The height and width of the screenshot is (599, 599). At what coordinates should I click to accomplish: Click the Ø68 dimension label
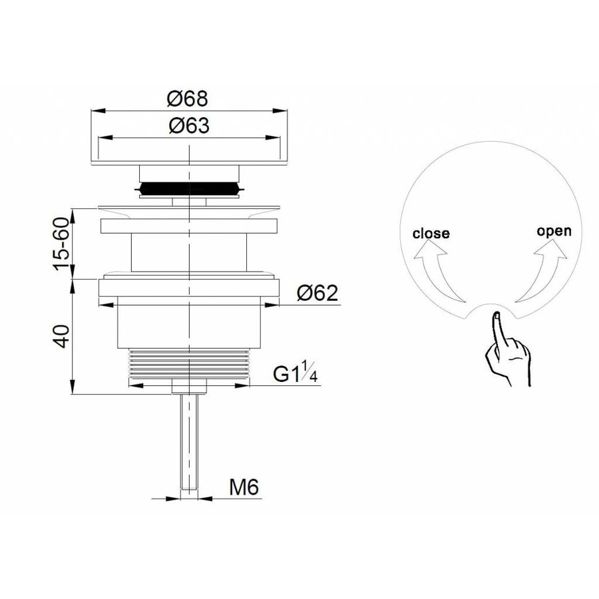coord(188,99)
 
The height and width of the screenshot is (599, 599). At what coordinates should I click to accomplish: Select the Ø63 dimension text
coord(188,126)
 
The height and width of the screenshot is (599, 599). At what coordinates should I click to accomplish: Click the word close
coord(431,233)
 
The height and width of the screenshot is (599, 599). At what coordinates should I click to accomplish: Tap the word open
coord(554,231)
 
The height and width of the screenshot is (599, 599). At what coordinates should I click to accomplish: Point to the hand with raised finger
coord(506,353)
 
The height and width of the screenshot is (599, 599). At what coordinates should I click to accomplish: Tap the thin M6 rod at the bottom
coord(190,439)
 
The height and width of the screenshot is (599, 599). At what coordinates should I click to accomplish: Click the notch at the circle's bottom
coord(495,309)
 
